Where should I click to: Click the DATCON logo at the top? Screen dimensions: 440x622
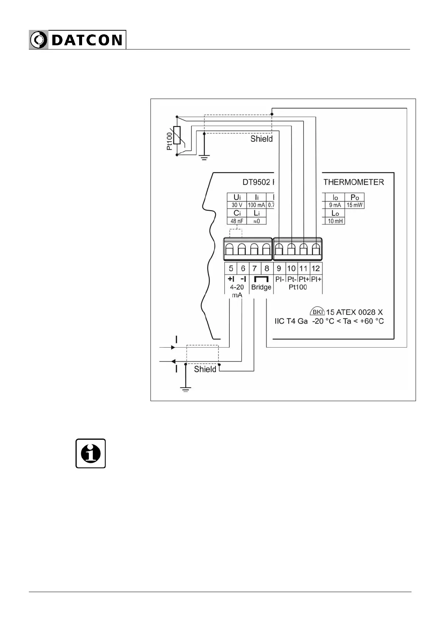[x=77, y=40]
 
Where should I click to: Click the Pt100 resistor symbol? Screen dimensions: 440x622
[x=177, y=136]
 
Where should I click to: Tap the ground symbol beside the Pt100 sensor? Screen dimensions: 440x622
[x=204, y=157]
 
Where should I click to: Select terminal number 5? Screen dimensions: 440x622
[x=231, y=269]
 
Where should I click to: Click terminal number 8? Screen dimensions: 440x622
[x=267, y=269]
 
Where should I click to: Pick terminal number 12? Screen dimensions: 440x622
[x=316, y=269]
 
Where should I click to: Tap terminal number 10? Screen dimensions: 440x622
[x=291, y=269]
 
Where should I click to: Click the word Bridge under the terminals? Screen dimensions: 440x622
[x=261, y=287]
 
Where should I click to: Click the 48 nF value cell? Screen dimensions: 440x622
[x=237, y=221]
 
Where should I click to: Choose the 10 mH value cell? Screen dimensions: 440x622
[x=335, y=221]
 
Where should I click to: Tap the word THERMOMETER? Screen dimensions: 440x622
[x=353, y=182]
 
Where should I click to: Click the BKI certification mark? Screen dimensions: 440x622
[x=317, y=312]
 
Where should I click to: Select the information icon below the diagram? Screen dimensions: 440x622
[x=91, y=453]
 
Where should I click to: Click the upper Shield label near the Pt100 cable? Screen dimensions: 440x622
[x=261, y=139]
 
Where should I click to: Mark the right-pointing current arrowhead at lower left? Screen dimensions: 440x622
[x=173, y=347]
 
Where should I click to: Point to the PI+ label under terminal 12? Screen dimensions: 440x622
[x=317, y=279]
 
